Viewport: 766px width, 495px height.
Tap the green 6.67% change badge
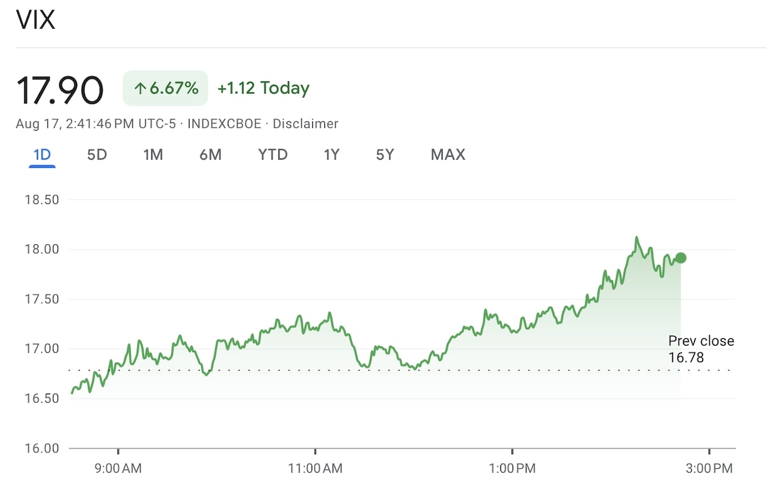pos(165,88)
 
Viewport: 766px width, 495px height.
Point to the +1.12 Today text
pos(263,88)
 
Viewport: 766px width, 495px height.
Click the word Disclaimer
pos(305,124)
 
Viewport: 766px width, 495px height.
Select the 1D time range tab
pos(42,155)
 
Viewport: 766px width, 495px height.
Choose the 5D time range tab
pos(97,155)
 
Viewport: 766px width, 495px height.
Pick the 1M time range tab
pos(153,155)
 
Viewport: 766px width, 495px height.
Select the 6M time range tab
pos(210,155)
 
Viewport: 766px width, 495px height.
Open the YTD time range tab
pos(273,155)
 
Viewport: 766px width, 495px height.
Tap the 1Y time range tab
pos(331,155)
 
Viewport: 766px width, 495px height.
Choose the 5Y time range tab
pos(385,155)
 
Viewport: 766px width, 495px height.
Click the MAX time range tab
pos(448,155)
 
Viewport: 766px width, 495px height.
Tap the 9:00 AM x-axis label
pos(118,469)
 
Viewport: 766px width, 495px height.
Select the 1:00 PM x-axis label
pos(513,469)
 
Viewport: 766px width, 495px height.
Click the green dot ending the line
pos(680,258)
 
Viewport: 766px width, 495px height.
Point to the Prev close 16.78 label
pos(701,349)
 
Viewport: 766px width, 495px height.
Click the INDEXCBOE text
pos(224,124)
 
